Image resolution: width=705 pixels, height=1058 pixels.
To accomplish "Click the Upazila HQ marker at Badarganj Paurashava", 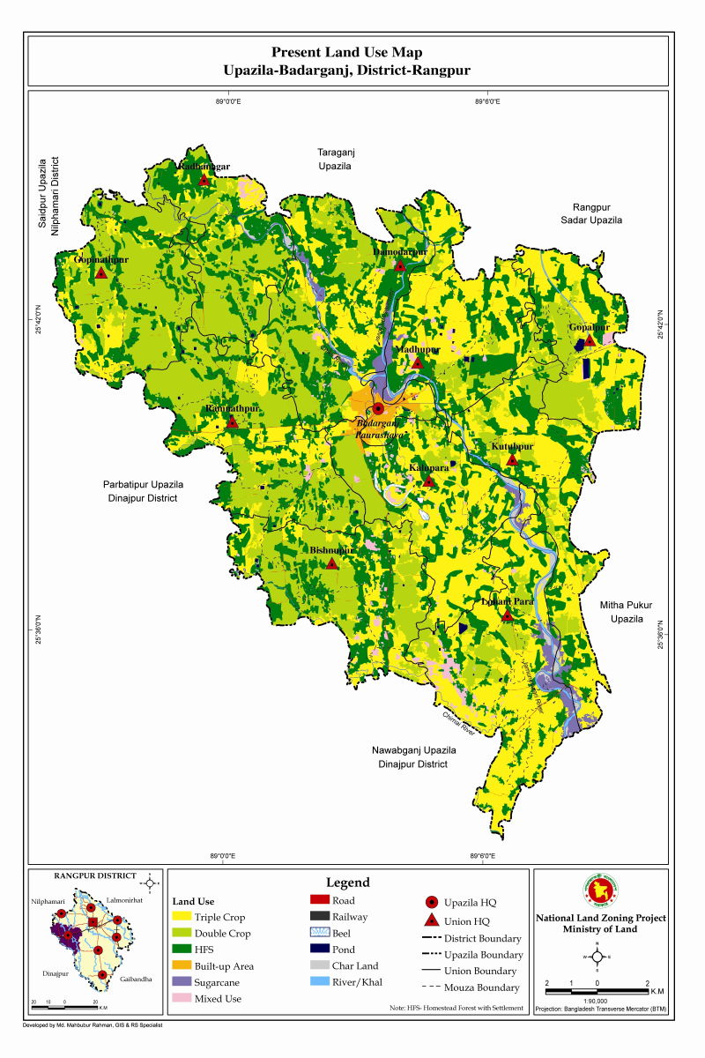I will coord(378,408).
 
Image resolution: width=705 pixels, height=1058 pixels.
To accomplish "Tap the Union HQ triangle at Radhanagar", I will coord(204,179).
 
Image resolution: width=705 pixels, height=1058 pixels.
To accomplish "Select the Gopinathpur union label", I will coord(101,260).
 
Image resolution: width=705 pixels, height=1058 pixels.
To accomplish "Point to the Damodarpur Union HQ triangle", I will coord(400,265).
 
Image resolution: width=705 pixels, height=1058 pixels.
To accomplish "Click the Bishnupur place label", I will coord(331,551).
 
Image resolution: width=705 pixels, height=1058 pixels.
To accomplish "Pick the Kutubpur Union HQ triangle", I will coord(512,459).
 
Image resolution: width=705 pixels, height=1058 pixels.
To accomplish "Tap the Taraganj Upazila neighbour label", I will coord(335,159).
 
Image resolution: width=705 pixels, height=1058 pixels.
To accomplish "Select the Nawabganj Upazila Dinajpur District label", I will coord(413,756).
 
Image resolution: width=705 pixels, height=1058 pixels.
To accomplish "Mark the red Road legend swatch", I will coord(320,900).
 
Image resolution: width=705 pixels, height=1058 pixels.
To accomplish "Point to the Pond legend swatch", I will coord(320,950).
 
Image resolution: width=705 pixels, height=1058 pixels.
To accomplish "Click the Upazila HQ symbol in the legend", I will coord(432,902).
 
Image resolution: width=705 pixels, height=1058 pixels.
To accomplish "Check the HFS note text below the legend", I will coord(456,1008).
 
